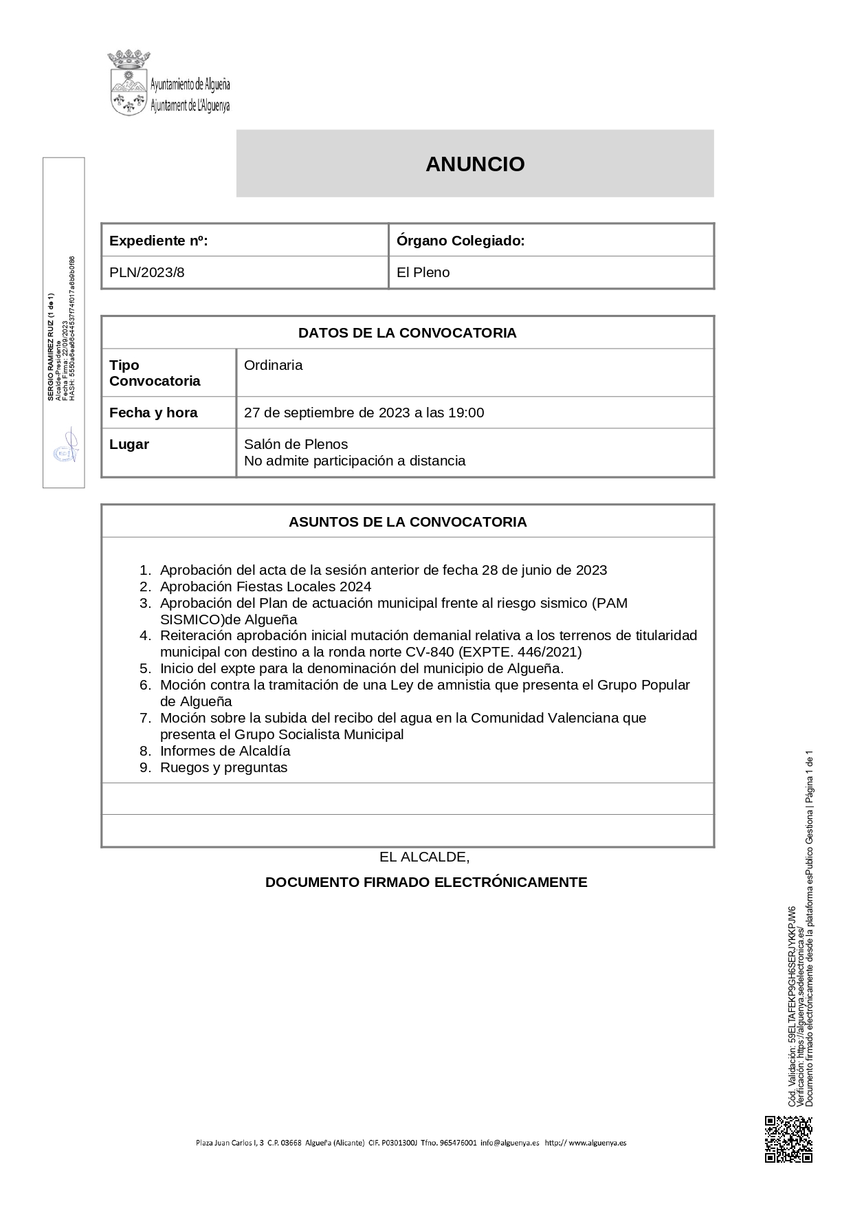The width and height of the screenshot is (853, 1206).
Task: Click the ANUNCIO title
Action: pyautogui.click(x=475, y=164)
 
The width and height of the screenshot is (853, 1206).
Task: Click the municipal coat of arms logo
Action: pyautogui.click(x=129, y=83)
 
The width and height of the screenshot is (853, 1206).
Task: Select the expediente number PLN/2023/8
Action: pyautogui.click(x=147, y=272)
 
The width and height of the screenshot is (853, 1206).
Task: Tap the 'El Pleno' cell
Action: pyautogui.click(x=423, y=272)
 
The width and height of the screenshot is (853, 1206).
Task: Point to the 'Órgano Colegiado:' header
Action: pyautogui.click(x=461, y=241)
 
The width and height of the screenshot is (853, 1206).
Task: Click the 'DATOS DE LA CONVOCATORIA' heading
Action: pyautogui.click(x=407, y=333)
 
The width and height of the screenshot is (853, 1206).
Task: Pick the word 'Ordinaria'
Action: pyautogui.click(x=274, y=365)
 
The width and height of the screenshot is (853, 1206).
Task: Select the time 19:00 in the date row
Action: pyautogui.click(x=466, y=413)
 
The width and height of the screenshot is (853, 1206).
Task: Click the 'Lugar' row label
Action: pyautogui.click(x=129, y=444)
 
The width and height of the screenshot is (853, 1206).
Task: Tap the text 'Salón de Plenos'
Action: pyautogui.click(x=296, y=444)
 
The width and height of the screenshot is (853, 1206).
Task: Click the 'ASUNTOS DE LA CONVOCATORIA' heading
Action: pyautogui.click(x=407, y=522)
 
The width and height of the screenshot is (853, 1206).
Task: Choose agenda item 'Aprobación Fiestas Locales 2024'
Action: pyautogui.click(x=265, y=586)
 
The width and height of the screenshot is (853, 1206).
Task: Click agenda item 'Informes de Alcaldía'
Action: pyautogui.click(x=225, y=751)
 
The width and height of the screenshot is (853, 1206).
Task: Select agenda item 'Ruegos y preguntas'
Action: pyautogui.click(x=223, y=767)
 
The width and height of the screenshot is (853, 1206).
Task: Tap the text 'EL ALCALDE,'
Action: pyautogui.click(x=424, y=857)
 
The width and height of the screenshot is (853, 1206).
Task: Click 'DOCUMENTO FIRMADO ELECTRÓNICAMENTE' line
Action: pyautogui.click(x=426, y=882)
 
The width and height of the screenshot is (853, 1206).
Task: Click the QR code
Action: pyautogui.click(x=788, y=1140)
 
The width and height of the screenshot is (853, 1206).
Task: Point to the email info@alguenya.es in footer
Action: pyautogui.click(x=510, y=1143)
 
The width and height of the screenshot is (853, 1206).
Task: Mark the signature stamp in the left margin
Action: pyautogui.click(x=66, y=448)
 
